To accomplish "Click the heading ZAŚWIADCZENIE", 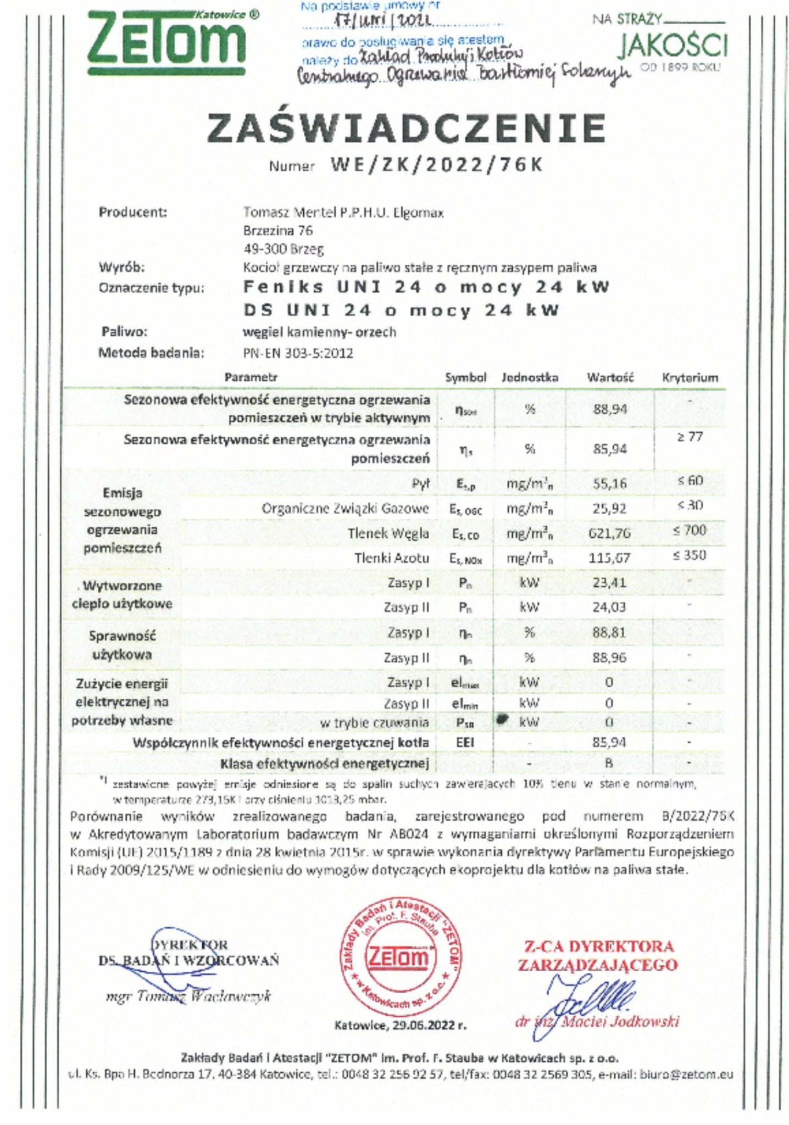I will pyautogui.click(x=406, y=129).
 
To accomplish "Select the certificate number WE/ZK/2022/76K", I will pyautogui.click(x=437, y=165).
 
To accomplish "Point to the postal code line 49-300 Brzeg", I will pyautogui.click(x=284, y=249).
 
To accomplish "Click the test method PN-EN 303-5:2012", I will pyautogui.click(x=298, y=353).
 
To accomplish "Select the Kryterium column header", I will pyautogui.click(x=690, y=377).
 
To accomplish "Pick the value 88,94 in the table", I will pyautogui.click(x=610, y=409).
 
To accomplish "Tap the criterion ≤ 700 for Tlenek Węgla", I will pyautogui.click(x=690, y=530).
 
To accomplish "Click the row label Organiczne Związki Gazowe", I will pyautogui.click(x=345, y=509).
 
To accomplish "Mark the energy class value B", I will pyautogui.click(x=609, y=763).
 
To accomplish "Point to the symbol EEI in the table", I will pyautogui.click(x=465, y=743).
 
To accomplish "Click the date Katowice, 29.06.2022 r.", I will pyautogui.click(x=401, y=1025).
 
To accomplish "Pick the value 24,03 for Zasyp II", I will pyautogui.click(x=609, y=607).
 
